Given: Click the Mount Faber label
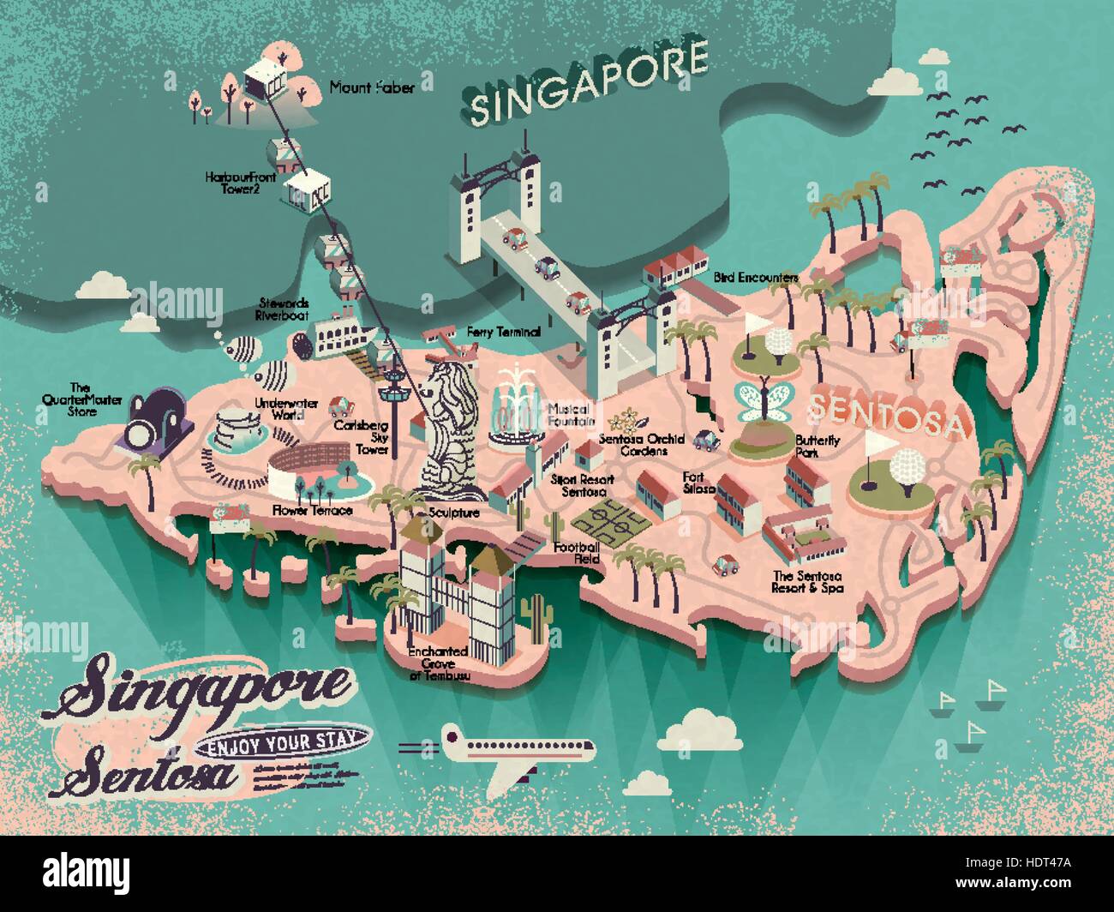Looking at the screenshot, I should point(359,87).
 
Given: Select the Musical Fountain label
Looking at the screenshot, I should point(571,416).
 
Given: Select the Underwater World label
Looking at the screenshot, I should point(278,407).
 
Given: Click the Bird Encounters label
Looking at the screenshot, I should point(756,278).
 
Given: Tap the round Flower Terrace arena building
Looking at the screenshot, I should point(300,470).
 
